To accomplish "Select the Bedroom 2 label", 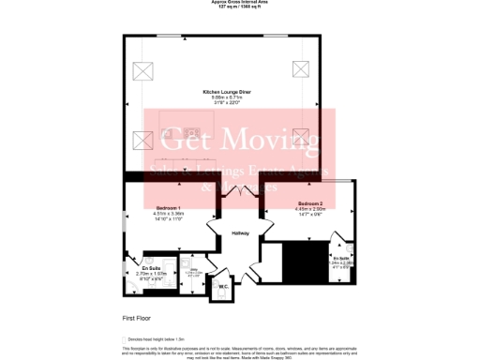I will coord(311,203).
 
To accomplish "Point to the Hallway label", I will coord(240,233).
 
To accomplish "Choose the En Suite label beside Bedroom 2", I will coord(342,258).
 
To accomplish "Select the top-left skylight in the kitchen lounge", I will coord(144,69).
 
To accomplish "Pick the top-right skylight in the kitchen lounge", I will coord(301,68).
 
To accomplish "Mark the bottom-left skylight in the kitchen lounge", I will coord(143,141).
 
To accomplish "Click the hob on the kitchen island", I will coord(192,129).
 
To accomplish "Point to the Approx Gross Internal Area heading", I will coord(241,3).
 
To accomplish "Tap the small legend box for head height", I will coord(125,338).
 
